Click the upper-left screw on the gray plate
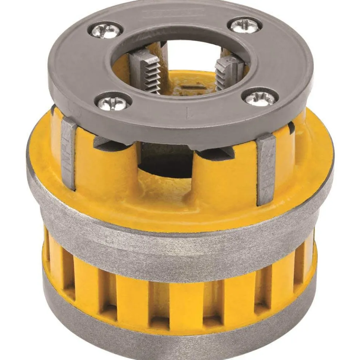pyautogui.click(x=106, y=30)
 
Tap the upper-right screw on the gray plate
pyautogui.click(x=245, y=25)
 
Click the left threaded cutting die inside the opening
pyautogui.click(x=146, y=71)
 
